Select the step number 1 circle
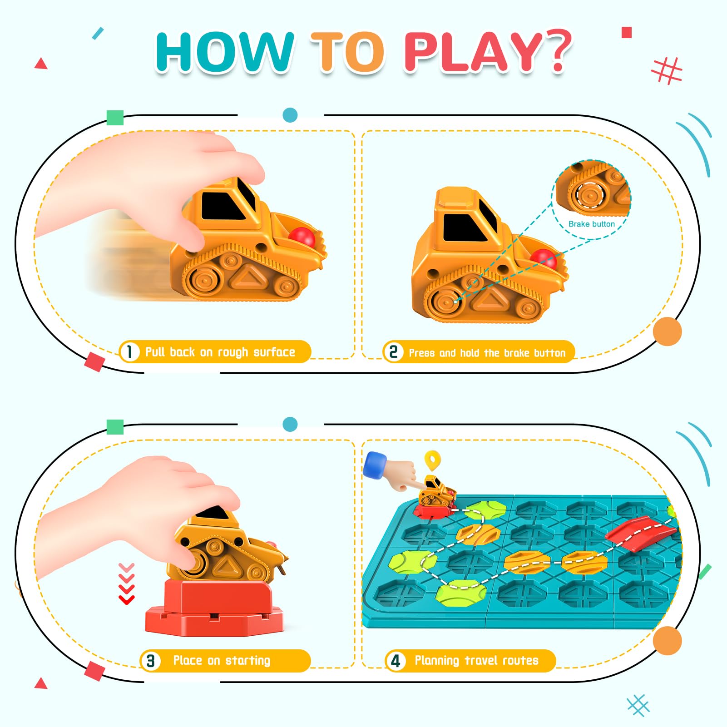tap(129, 352)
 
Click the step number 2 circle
tap(393, 352)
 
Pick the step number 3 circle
tap(150, 661)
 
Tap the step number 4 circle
tap(396, 661)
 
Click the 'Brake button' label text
tap(591, 224)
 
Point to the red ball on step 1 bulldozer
tap(302, 237)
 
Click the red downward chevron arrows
tap(127, 584)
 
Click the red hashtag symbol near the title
tap(667, 71)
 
